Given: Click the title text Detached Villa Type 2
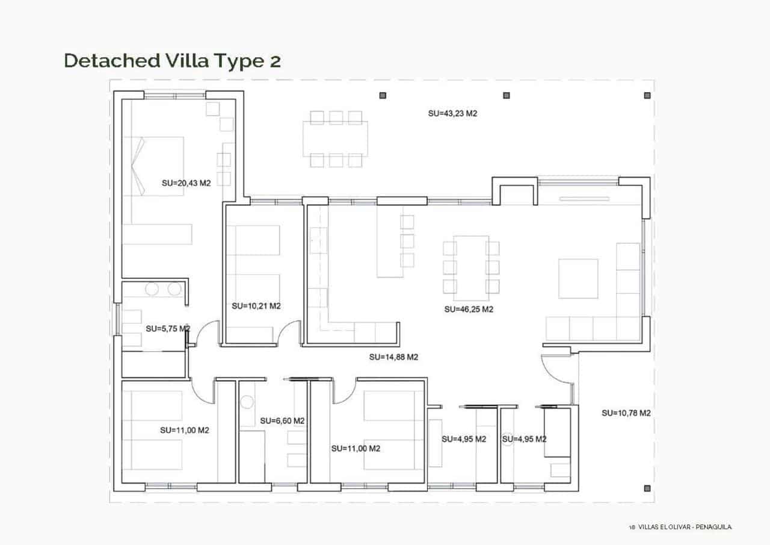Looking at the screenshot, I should pyautogui.click(x=172, y=61).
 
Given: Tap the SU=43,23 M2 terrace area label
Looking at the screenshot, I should pyautogui.click(x=452, y=113).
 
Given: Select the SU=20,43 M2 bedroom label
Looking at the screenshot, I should pyautogui.click(x=186, y=183).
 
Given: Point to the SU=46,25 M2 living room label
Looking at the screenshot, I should pyautogui.click(x=469, y=310).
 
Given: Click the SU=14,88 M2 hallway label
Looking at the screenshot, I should pyautogui.click(x=393, y=357).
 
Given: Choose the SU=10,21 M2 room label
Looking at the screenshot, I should pyautogui.click(x=256, y=306).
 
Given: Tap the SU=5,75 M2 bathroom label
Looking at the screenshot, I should pyautogui.click(x=168, y=329).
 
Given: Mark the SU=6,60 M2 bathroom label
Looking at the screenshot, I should pyautogui.click(x=282, y=421).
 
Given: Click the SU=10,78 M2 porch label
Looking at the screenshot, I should pyautogui.click(x=626, y=413).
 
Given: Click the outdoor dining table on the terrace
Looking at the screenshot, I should pyautogui.click(x=336, y=139).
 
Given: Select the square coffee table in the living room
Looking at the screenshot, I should pyautogui.click(x=577, y=278).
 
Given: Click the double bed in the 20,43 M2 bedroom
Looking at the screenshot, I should pyautogui.click(x=154, y=165).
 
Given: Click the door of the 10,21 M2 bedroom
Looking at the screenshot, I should pyautogui.click(x=291, y=332).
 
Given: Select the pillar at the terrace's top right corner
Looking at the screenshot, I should pyautogui.click(x=647, y=95).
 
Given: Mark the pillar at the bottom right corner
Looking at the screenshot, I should pyautogui.click(x=647, y=488).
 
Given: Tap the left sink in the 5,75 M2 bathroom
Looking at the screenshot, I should pyautogui.click(x=152, y=289).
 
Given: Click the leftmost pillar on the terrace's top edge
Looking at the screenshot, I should pyautogui.click(x=383, y=95).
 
